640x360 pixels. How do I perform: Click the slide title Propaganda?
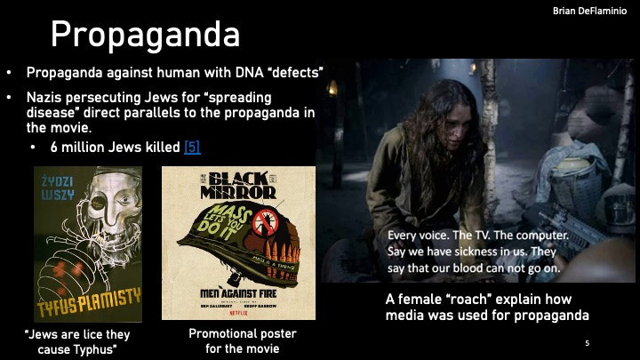(x=145, y=35)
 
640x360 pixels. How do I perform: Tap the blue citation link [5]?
(x=192, y=148)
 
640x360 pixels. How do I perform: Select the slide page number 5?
(x=588, y=343)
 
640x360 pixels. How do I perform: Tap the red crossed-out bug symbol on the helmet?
(x=264, y=221)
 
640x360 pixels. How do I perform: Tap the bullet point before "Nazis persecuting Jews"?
(x=10, y=96)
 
